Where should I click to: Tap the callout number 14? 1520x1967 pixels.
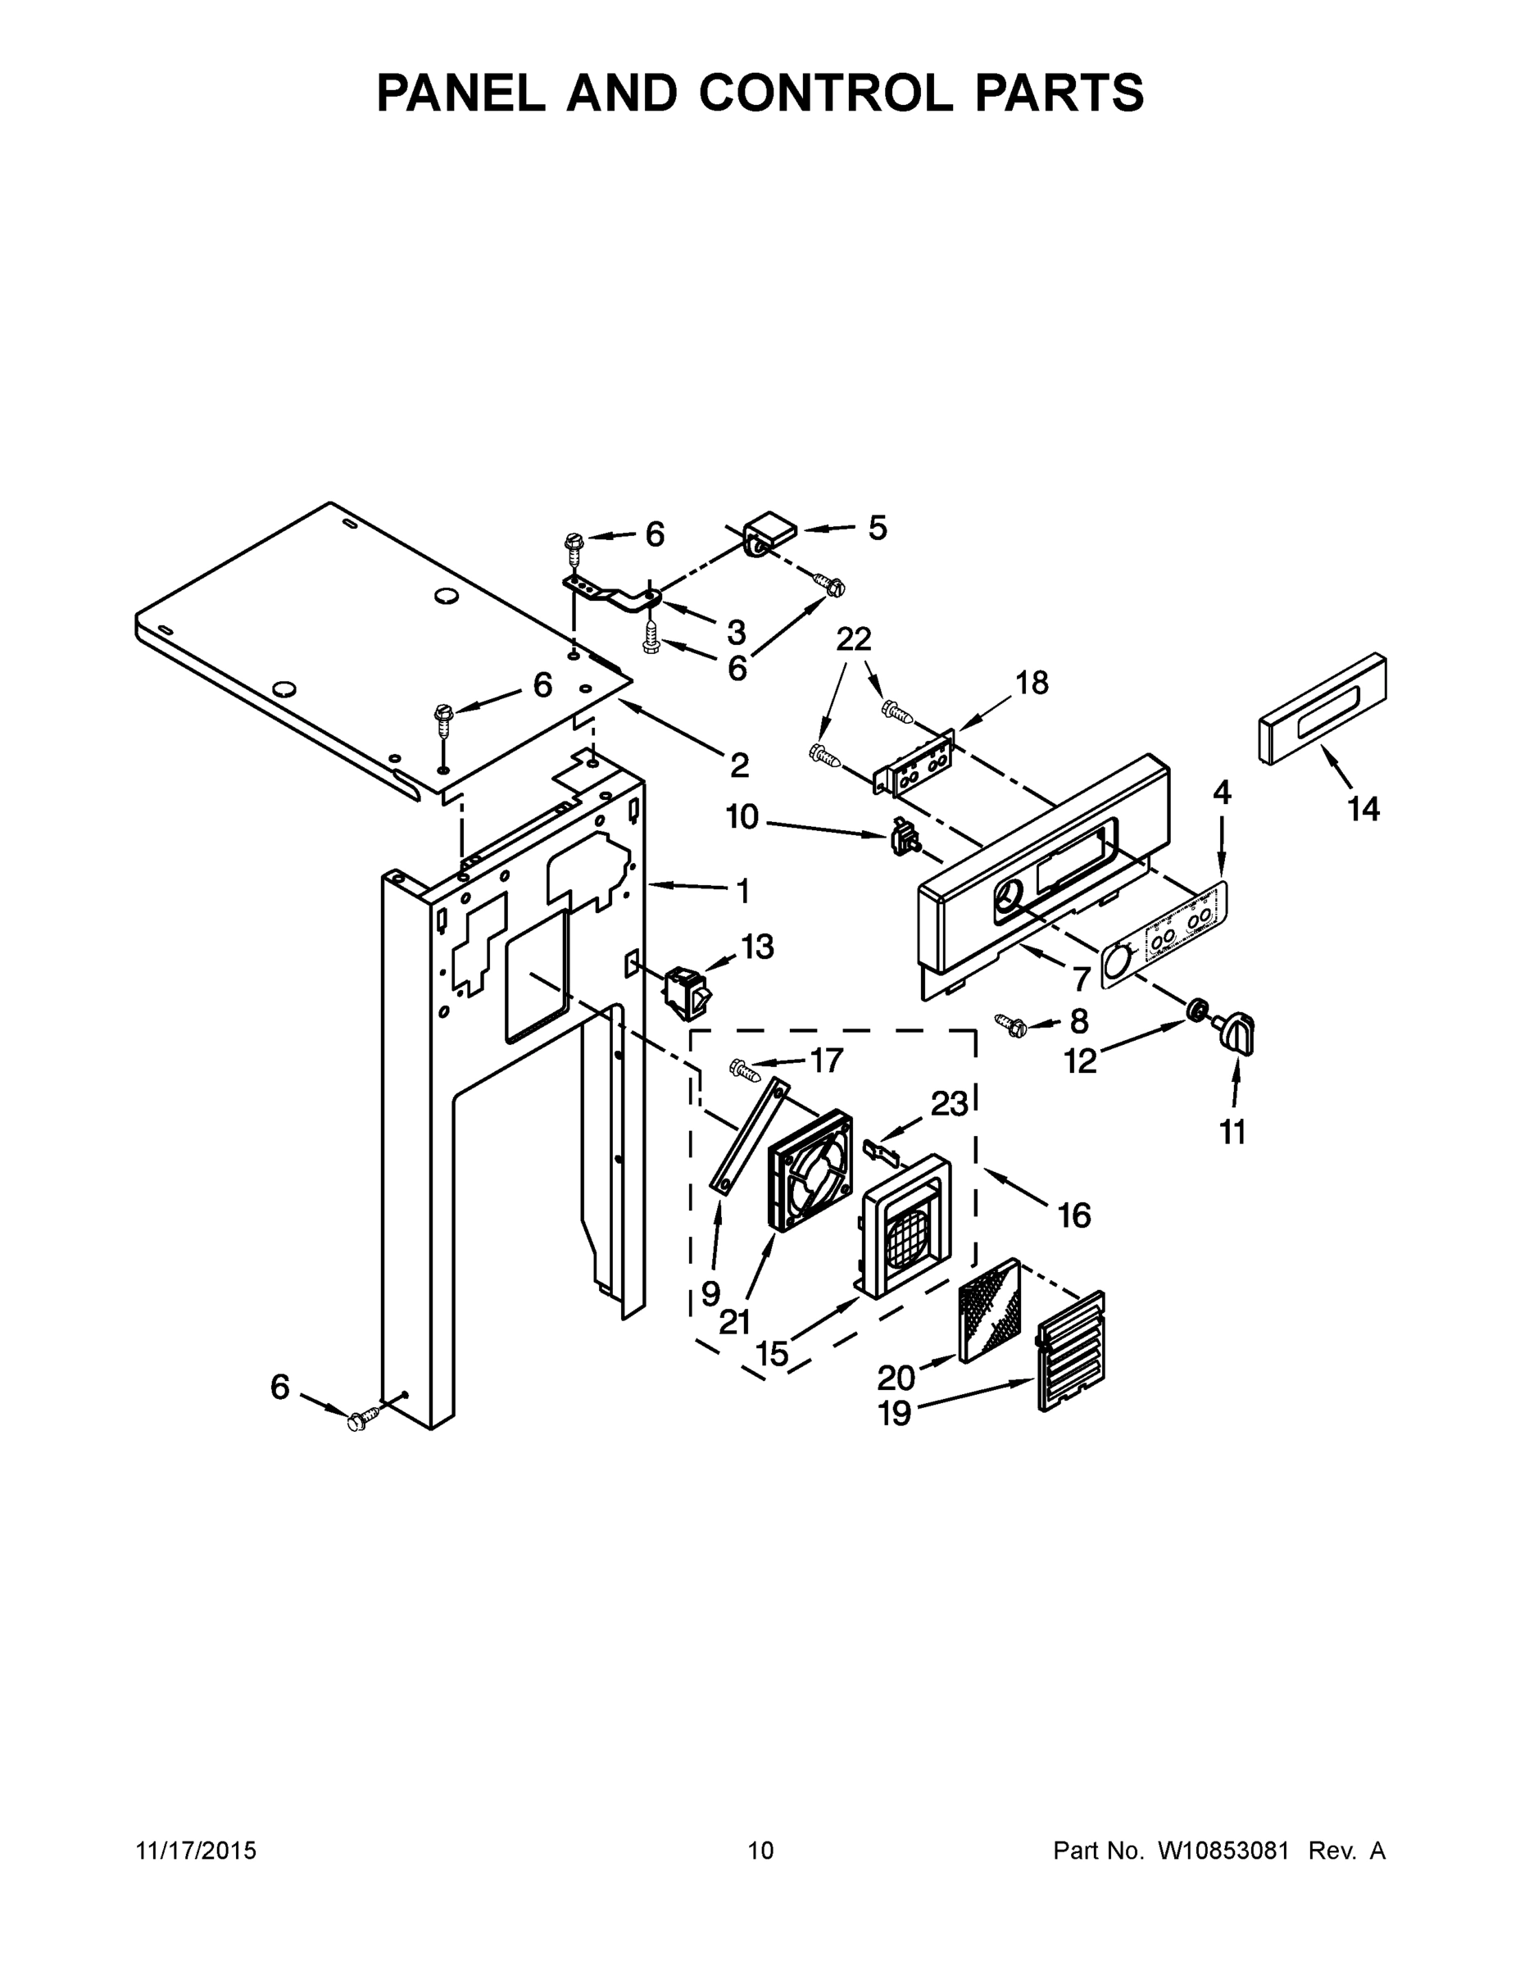(x=1363, y=810)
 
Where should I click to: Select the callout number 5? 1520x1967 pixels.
(x=877, y=528)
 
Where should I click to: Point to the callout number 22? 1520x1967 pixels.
(x=854, y=639)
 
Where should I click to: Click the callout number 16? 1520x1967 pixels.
(x=1073, y=1216)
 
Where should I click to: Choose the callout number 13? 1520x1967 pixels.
(x=757, y=947)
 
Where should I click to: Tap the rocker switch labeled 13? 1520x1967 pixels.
(x=687, y=992)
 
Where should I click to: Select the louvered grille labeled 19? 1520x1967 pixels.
(x=1071, y=1351)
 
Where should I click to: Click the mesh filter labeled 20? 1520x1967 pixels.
(x=991, y=1311)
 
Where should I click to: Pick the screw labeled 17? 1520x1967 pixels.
(x=745, y=1069)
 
